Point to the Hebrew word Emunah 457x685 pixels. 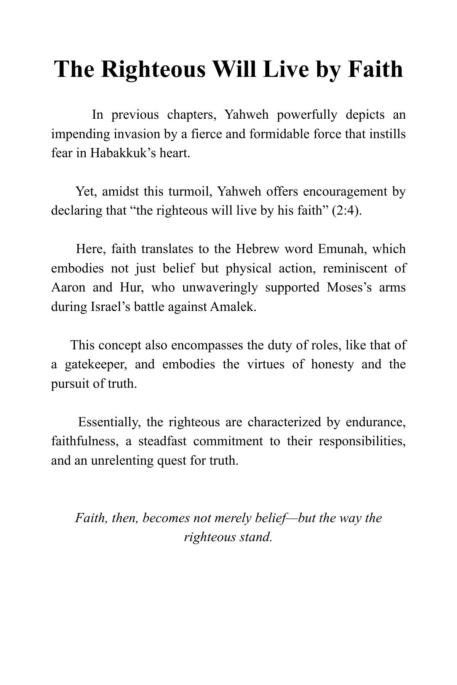(340, 249)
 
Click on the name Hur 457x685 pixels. (131, 287)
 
